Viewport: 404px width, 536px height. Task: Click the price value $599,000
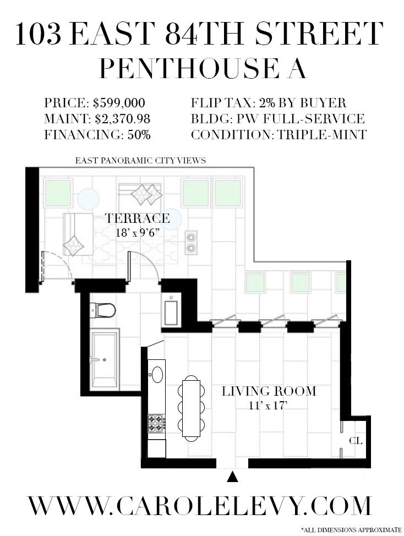click(119, 103)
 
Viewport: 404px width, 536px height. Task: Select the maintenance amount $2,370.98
click(123, 119)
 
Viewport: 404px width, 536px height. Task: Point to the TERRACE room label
click(138, 218)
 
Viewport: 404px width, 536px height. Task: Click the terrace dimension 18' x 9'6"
click(138, 233)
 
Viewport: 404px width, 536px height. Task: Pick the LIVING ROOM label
click(269, 391)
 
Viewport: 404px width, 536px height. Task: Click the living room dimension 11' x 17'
click(268, 406)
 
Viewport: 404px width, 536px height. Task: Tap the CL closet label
click(356, 441)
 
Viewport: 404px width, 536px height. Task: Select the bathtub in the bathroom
click(105, 359)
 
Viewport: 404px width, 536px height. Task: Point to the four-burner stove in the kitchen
click(156, 423)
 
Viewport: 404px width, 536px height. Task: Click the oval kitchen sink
click(157, 374)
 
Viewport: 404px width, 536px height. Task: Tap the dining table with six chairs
click(191, 408)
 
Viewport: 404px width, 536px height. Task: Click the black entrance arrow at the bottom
click(232, 477)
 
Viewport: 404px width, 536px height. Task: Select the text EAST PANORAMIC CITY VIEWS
click(140, 160)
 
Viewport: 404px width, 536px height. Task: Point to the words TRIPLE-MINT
click(321, 135)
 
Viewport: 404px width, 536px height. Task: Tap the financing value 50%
click(139, 135)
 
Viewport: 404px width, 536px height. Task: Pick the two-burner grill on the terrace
click(191, 242)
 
